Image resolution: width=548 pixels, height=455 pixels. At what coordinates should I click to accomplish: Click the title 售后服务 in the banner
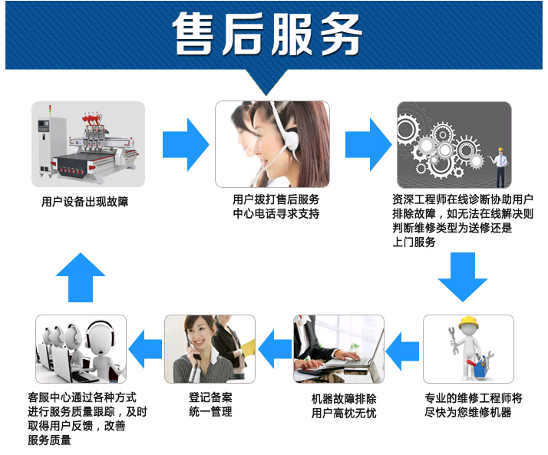(267, 34)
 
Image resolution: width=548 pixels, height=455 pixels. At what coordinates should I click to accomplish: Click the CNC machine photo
(88, 144)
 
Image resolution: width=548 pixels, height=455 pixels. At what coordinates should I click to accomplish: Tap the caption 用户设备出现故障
(85, 202)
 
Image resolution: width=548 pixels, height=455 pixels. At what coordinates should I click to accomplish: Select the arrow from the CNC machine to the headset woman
(186, 145)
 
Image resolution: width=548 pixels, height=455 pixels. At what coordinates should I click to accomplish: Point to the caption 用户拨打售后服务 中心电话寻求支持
(276, 206)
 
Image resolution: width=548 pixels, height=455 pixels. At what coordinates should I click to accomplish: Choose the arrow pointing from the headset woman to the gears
(368, 145)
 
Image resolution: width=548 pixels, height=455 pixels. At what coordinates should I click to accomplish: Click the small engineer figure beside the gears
(500, 167)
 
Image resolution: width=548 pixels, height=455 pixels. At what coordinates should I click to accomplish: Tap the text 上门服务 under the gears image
(414, 242)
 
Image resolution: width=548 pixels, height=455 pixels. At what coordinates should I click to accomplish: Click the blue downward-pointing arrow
(462, 277)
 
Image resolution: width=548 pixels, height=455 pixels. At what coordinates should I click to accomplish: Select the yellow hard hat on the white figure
(468, 323)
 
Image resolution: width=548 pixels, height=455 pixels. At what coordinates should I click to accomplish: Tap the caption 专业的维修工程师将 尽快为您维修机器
(474, 405)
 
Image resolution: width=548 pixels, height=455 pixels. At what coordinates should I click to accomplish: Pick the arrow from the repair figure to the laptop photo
(402, 351)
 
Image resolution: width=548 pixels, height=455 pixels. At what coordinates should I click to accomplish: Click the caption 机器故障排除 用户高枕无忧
(344, 406)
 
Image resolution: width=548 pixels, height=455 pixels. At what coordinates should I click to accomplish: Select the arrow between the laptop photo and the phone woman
(275, 349)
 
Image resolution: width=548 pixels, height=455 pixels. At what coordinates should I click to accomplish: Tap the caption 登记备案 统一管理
(210, 404)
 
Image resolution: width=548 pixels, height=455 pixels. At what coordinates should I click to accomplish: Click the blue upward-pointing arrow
(81, 277)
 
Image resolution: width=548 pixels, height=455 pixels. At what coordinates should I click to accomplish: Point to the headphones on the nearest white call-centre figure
(101, 335)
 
